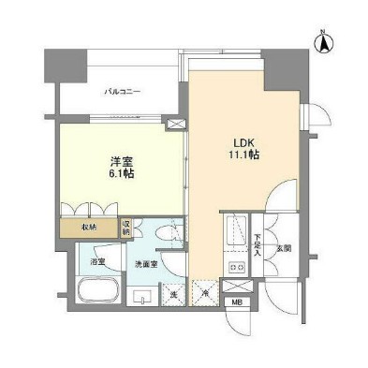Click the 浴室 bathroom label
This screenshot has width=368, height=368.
(x=96, y=264)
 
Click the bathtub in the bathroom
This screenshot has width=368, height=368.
(x=97, y=290)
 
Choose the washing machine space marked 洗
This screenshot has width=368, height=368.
(x=173, y=296)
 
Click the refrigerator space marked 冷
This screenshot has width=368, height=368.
(x=204, y=296)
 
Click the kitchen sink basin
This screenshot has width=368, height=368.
(x=235, y=229)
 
